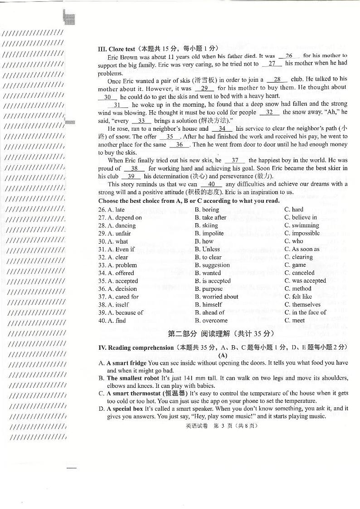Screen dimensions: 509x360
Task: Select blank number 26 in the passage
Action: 288,56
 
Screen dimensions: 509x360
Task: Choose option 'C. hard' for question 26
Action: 294,210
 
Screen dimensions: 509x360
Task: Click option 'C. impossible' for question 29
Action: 302,233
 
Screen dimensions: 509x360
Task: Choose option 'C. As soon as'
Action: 302,249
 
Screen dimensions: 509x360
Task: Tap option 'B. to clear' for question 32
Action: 208,257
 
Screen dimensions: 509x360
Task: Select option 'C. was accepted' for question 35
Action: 305,281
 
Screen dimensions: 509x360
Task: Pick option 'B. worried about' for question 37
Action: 216,297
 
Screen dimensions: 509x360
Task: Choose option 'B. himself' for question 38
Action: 209,304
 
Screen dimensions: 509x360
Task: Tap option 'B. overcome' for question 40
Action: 211,320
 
